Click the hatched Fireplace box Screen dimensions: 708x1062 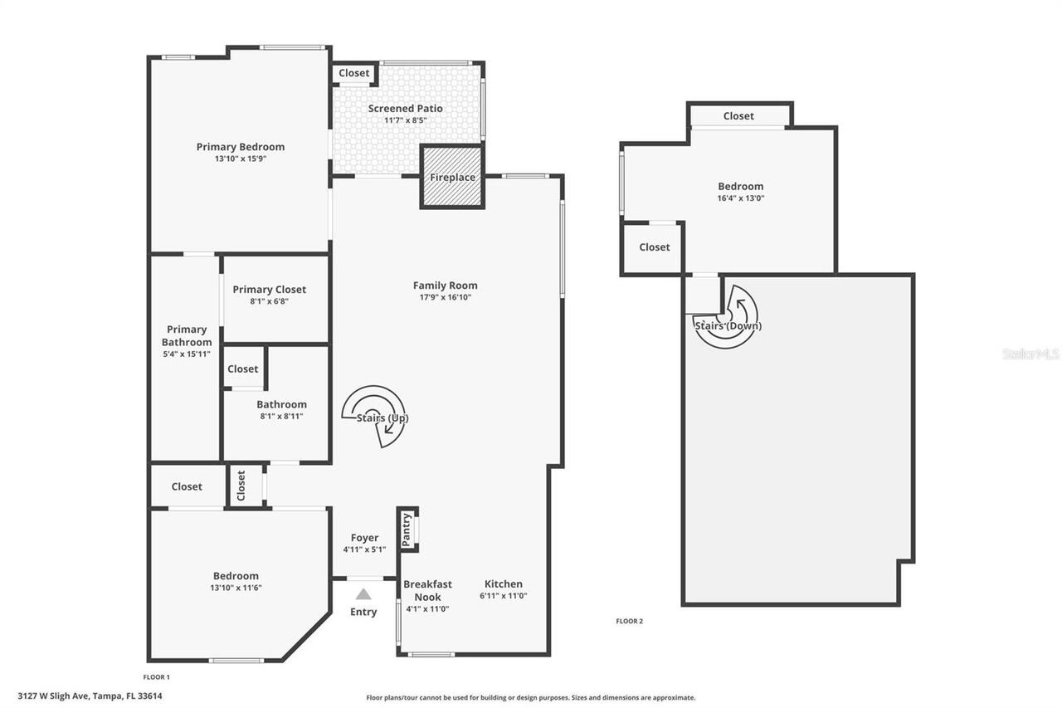451,177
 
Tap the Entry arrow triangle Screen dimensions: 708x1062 363,593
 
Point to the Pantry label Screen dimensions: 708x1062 407,529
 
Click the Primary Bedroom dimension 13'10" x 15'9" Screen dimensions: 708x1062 240,159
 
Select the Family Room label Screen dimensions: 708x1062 445,286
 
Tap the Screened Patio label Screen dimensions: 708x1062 405,109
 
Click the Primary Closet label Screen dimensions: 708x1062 269,290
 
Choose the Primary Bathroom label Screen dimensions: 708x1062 187,335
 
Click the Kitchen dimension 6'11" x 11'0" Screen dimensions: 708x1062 503,596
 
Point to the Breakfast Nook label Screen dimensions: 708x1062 427,590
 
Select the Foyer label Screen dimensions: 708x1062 364,538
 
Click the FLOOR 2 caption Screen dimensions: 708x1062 629,621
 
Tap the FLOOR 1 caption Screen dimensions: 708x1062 156,677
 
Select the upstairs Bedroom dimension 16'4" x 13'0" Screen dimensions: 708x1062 740,198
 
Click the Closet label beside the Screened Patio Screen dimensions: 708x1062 354,73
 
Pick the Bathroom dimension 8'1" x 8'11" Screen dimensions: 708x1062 281,417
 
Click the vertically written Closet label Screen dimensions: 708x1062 241,485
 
